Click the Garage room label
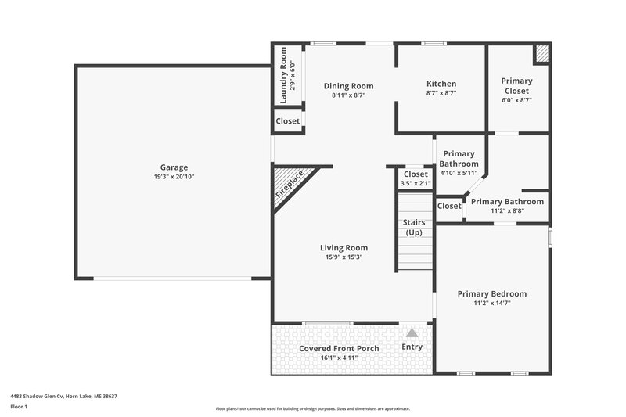(x=174, y=167)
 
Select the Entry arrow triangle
(x=412, y=333)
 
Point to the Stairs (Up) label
(x=414, y=228)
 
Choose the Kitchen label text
(x=441, y=84)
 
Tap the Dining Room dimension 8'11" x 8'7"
(x=348, y=95)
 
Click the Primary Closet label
(x=516, y=86)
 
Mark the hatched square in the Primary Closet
(x=541, y=53)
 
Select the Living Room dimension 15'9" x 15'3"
(x=344, y=257)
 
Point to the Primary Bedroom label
(x=492, y=293)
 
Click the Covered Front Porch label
(x=339, y=348)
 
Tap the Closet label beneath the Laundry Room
(x=288, y=121)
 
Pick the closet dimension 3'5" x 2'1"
(x=415, y=183)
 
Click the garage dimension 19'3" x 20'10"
(x=174, y=177)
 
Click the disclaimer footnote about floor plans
(x=312, y=408)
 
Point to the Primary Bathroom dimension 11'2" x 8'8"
(x=507, y=210)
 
